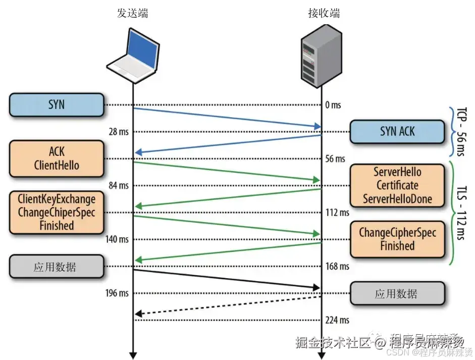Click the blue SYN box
(x=56, y=105)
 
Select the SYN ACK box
(x=397, y=131)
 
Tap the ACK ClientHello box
(x=56, y=158)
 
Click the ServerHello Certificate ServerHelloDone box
(x=397, y=185)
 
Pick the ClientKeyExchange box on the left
(x=56, y=212)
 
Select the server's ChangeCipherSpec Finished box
(x=397, y=239)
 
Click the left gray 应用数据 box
(x=56, y=267)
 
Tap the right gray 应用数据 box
(x=397, y=293)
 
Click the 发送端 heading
(x=132, y=14)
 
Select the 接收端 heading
(x=324, y=14)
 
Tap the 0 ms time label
(x=333, y=105)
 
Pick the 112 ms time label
(x=337, y=213)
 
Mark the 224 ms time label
(x=337, y=320)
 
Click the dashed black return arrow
(x=227, y=305)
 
